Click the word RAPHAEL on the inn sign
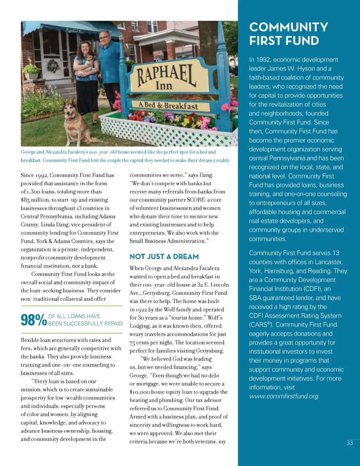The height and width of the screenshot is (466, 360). coord(166,75)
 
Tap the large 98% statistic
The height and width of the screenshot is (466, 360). coord(34,320)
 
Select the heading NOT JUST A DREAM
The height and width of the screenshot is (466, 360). coord(164,257)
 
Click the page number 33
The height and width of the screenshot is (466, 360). coord(349,443)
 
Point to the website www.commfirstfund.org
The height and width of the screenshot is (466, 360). coord(284,396)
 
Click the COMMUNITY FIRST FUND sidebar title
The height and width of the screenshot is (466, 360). coord(289,34)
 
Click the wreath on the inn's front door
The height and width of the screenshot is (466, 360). coord(54,66)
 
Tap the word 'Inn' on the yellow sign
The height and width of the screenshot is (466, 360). coord(164,85)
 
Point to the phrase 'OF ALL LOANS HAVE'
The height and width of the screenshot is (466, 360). coord(74,316)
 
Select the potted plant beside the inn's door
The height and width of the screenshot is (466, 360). coord(32,70)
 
